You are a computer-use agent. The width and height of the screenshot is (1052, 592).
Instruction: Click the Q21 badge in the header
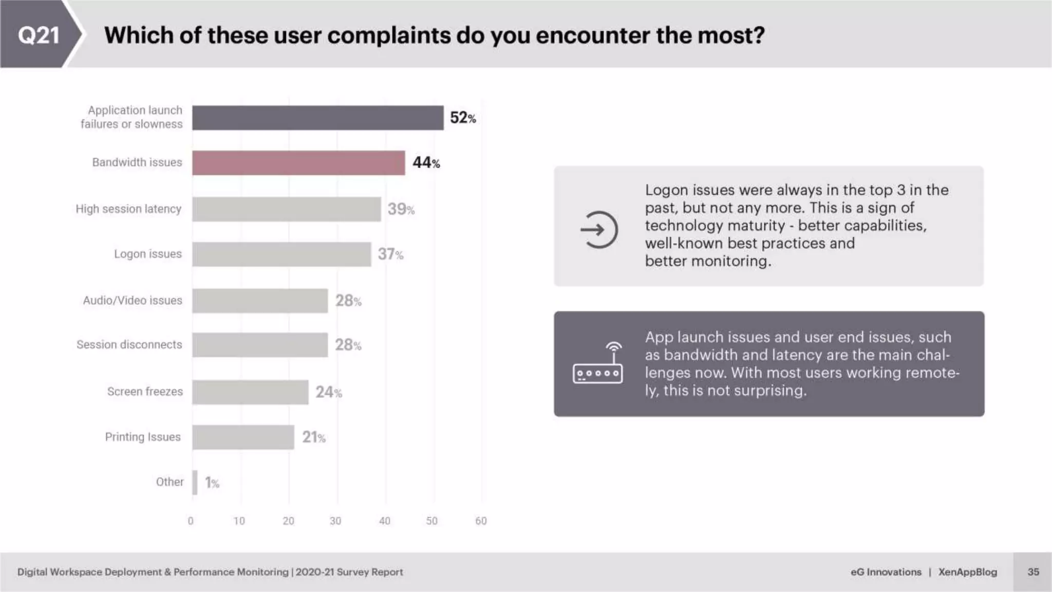click(39, 35)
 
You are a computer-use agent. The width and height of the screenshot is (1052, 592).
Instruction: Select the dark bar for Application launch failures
click(317, 118)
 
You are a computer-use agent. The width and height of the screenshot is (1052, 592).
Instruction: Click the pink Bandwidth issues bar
click(298, 163)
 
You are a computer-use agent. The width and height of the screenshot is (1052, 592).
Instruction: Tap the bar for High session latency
click(287, 209)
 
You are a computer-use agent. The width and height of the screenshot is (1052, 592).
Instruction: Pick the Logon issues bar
click(281, 254)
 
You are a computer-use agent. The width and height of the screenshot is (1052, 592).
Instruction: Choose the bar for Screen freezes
click(250, 392)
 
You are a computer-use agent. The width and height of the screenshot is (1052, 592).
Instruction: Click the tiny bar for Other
click(195, 483)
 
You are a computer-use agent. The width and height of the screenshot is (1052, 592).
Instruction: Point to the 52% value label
click(463, 118)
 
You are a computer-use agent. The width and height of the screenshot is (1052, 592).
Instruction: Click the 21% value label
click(313, 437)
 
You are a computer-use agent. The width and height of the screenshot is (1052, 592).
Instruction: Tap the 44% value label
click(426, 163)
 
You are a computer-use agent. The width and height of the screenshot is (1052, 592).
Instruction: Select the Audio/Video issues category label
click(133, 301)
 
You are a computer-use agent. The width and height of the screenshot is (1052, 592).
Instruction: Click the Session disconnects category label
click(129, 345)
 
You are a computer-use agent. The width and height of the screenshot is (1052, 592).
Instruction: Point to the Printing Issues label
click(143, 437)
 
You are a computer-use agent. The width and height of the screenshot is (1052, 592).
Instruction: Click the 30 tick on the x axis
click(335, 521)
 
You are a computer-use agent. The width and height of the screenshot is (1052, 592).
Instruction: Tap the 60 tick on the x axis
click(481, 521)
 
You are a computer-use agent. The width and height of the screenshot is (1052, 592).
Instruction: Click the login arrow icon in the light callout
click(598, 230)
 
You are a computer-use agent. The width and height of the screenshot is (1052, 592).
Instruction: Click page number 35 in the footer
click(1033, 572)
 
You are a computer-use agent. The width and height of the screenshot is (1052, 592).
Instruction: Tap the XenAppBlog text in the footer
click(967, 572)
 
